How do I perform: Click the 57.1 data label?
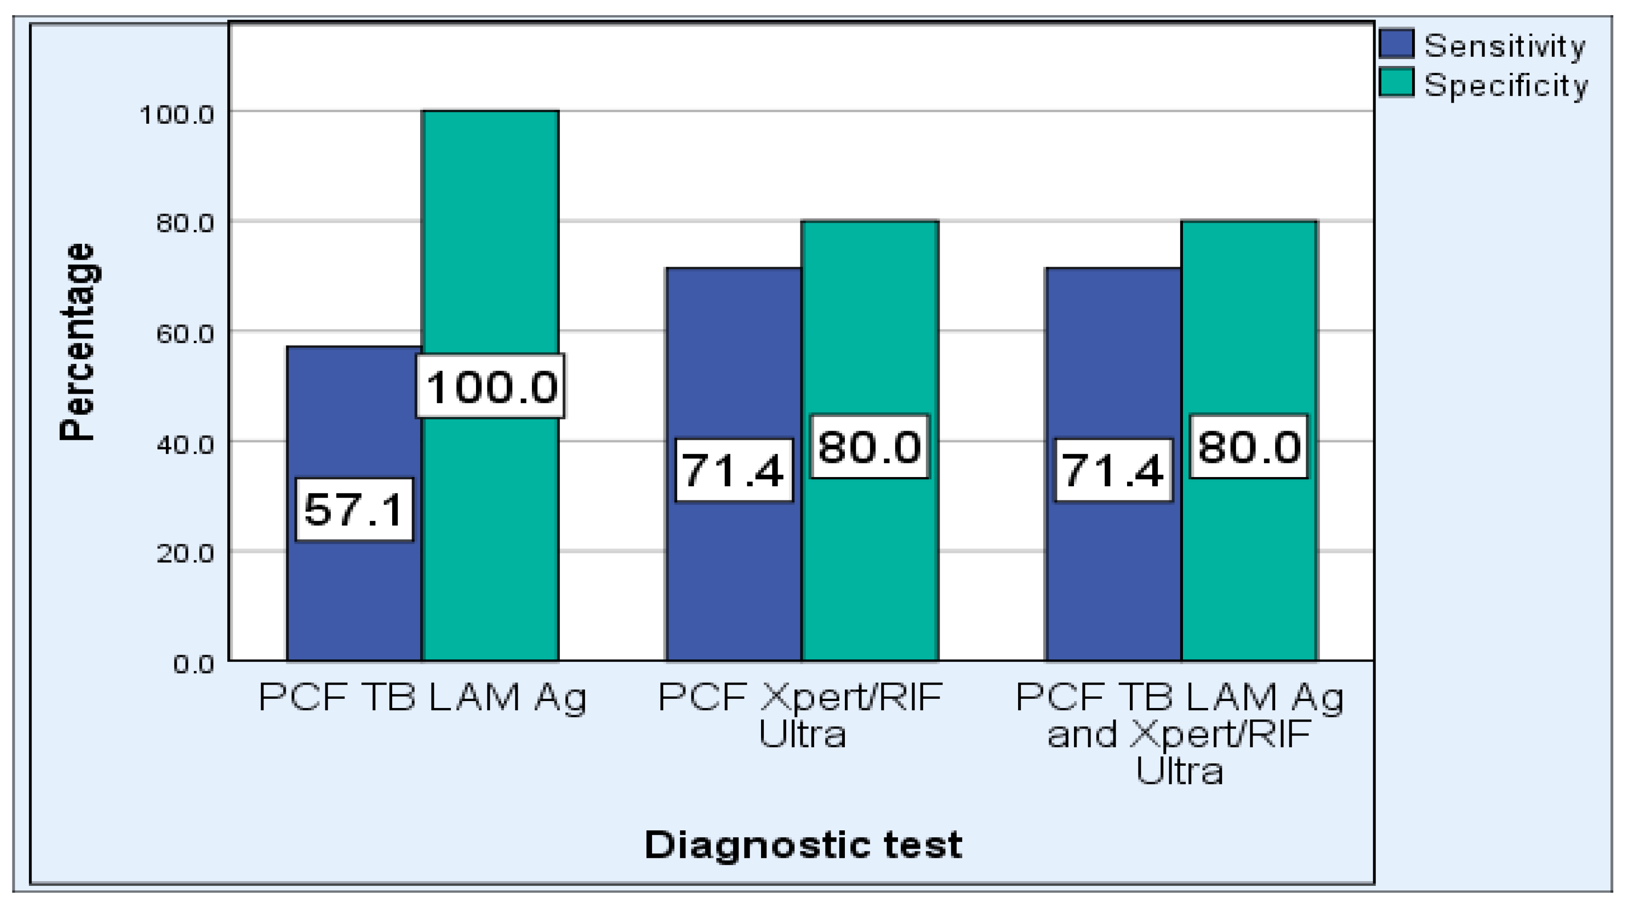pos(354,510)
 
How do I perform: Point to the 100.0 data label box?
pos(490,386)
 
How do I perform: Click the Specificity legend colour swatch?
pos(1396,83)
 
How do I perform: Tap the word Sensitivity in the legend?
pos(1505,46)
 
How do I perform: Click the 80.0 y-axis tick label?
pos(185,224)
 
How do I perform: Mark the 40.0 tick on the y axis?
pos(185,445)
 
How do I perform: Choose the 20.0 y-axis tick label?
pos(185,554)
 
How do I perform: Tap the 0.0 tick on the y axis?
pos(193,664)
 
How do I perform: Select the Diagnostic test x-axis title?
pos(803,845)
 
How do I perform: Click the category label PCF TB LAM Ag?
pos(422,698)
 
